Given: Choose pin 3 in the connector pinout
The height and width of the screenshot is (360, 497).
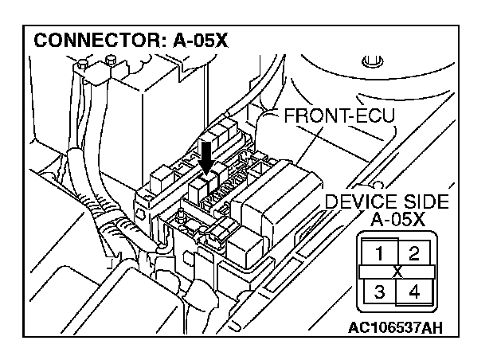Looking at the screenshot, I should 380,291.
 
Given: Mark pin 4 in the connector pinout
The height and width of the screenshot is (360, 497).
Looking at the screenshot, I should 414,291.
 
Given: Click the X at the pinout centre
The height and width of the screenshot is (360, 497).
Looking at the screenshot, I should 397,272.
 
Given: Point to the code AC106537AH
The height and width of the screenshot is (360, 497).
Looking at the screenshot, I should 397,327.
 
